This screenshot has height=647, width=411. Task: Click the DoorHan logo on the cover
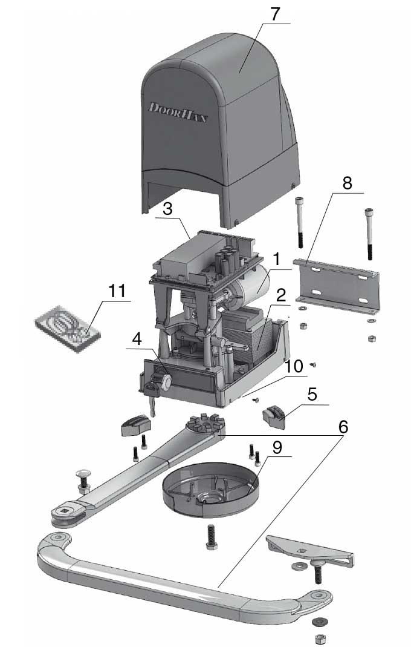click(x=178, y=113)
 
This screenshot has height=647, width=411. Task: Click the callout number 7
click(x=275, y=13)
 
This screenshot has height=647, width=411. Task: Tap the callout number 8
click(x=346, y=183)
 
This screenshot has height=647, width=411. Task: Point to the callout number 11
click(x=117, y=291)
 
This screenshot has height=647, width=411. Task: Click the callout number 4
click(x=139, y=339)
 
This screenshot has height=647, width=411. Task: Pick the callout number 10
click(x=294, y=367)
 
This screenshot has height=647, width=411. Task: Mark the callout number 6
click(x=343, y=426)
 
